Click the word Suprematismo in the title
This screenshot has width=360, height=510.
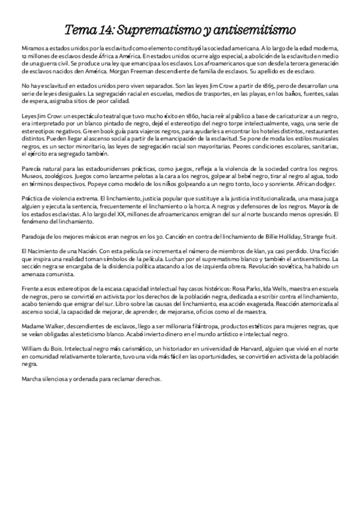pos(153,28)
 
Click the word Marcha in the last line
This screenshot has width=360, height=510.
pos(32,379)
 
